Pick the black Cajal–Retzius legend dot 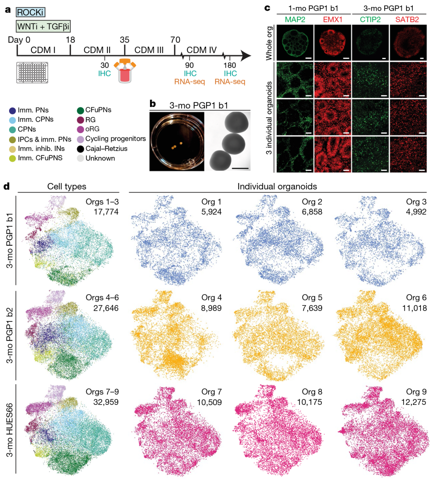pos(81,148)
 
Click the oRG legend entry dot pos(81,129)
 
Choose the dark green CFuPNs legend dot pos(81,110)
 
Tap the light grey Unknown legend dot pos(81,158)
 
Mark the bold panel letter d pos(7,186)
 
